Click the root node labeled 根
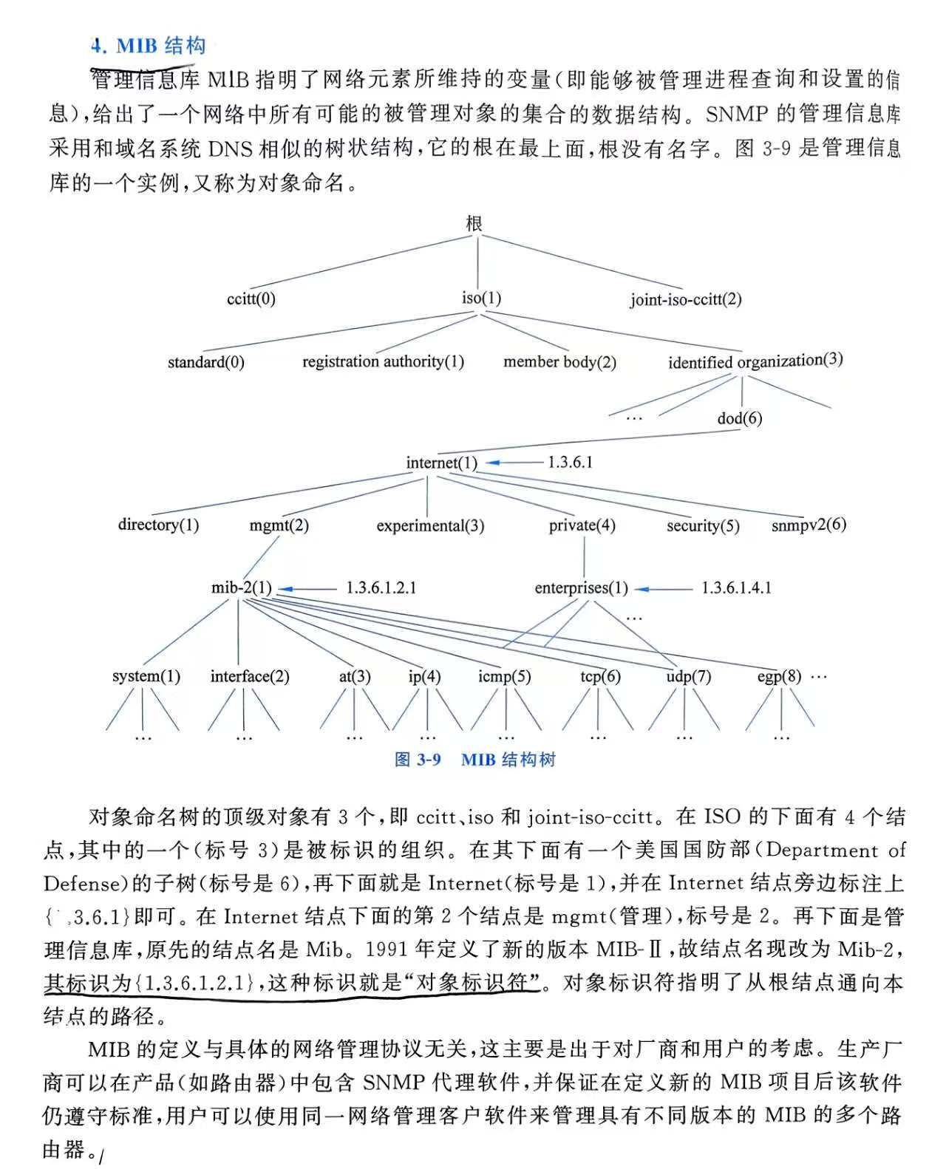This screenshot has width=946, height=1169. coord(474,223)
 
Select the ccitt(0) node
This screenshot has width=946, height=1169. coord(251,299)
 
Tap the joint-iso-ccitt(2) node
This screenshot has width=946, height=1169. coord(685,299)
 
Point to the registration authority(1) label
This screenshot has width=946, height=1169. coord(383,361)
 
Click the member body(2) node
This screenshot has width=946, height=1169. coord(559,361)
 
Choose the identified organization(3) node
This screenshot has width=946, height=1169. coord(755,361)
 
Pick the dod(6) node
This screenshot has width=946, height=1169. coord(739,418)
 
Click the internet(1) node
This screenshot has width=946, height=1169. coord(441,463)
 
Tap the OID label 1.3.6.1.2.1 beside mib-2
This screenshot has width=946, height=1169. coord(381,588)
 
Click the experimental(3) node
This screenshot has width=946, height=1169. coord(430,525)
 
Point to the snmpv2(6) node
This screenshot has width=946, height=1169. coord(809,525)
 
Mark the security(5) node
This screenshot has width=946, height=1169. coord(702,525)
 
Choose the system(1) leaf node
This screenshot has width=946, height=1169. coord(146,676)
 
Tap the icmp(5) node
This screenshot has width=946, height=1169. coord(504,676)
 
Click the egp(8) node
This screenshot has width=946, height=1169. coord(779,676)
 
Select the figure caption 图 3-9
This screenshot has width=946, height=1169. coord(418,760)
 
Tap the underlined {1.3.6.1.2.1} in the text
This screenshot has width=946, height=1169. coord(199,984)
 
